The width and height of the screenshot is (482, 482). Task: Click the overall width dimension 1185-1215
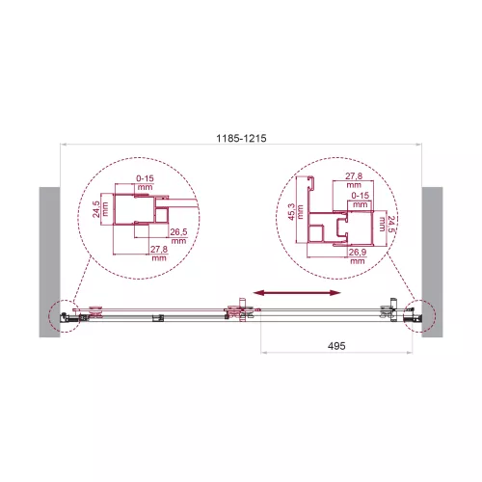(x=240, y=139)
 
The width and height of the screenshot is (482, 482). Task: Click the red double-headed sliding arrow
(x=295, y=291)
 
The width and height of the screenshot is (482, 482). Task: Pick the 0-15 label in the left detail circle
(x=146, y=178)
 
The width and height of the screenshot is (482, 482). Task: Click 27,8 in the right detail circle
(x=354, y=177)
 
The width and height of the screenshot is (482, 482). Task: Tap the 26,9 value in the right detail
(x=356, y=254)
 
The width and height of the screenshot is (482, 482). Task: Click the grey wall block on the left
(x=51, y=260)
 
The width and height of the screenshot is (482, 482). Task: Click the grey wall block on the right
(x=431, y=260)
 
